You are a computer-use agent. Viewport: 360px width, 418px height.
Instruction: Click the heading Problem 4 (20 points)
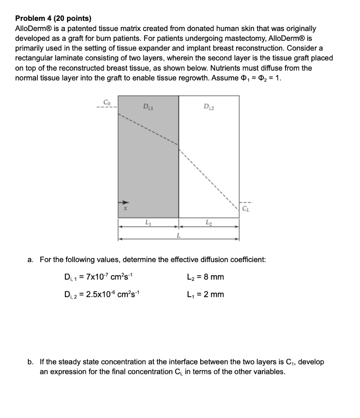tap(53, 18)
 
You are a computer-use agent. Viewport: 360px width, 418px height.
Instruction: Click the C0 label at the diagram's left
tap(107, 102)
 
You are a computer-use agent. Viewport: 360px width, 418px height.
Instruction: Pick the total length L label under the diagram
tap(178, 236)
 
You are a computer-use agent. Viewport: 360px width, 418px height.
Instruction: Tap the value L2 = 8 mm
tap(205, 277)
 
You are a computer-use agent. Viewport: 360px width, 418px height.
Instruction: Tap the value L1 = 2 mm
tap(205, 294)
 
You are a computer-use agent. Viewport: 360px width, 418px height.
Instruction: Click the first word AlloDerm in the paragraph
tap(34, 29)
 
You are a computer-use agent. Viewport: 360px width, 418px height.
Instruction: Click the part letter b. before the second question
tap(31, 362)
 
